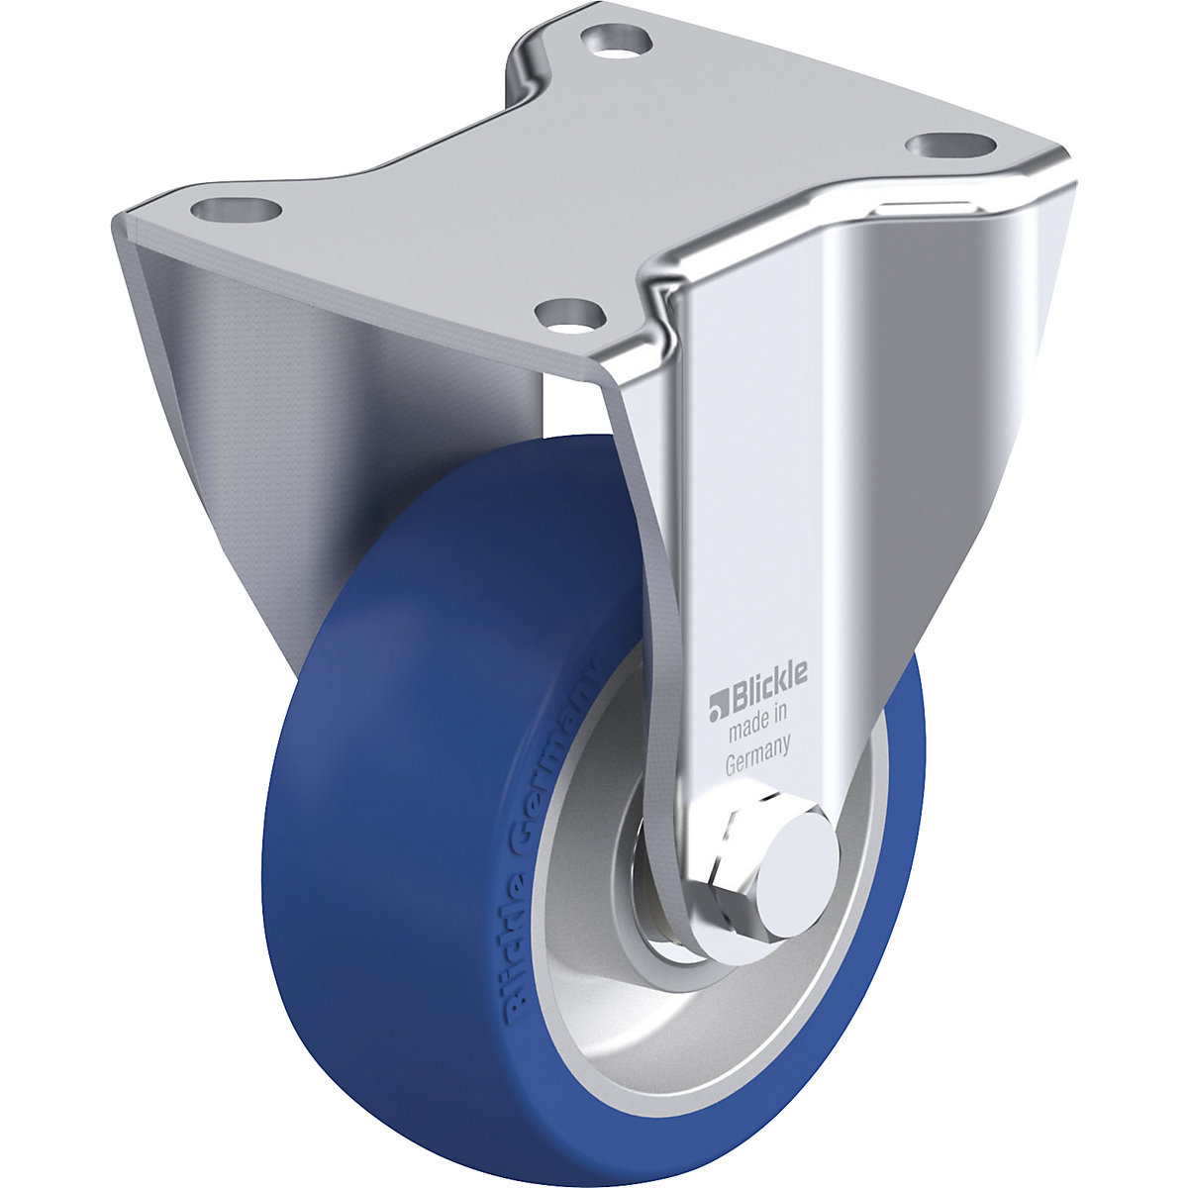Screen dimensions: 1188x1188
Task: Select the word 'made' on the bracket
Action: click(746, 733)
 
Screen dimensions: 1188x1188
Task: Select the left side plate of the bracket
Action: click(228, 396)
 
